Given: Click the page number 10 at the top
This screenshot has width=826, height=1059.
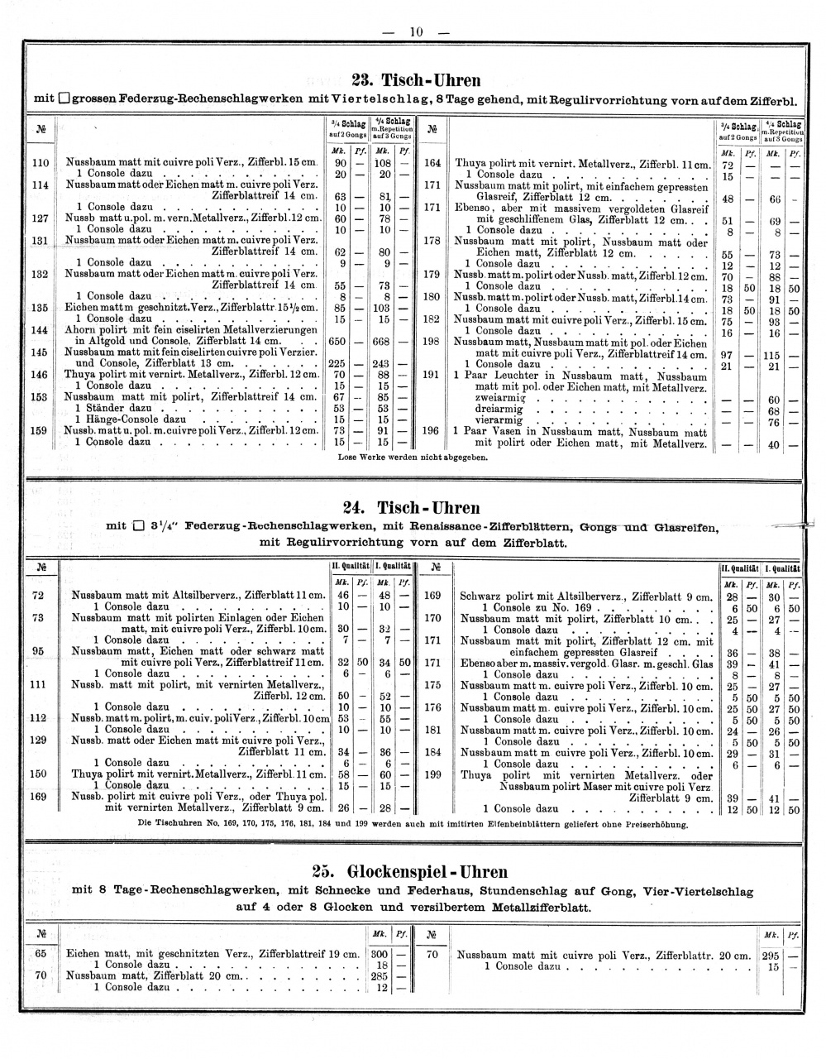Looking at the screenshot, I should (415, 32).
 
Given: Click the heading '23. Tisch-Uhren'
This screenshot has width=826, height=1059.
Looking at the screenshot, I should (416, 81).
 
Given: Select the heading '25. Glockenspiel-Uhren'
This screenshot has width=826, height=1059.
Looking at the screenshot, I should (410, 872).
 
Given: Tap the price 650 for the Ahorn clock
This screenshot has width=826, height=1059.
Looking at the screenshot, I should (338, 341).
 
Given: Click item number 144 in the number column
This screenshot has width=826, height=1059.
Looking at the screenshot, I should (40, 329).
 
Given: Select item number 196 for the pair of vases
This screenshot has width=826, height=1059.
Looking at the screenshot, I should (431, 431).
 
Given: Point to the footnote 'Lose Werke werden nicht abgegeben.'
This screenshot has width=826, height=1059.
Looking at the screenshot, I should (413, 456).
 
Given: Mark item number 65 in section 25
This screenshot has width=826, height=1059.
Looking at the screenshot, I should (40, 953).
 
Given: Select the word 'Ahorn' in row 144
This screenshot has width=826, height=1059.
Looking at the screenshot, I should (82, 329).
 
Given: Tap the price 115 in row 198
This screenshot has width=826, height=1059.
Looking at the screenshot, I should (775, 354).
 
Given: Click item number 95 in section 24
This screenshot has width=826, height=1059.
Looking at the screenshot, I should (38, 650).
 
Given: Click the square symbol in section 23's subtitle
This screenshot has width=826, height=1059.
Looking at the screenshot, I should (64, 100).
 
